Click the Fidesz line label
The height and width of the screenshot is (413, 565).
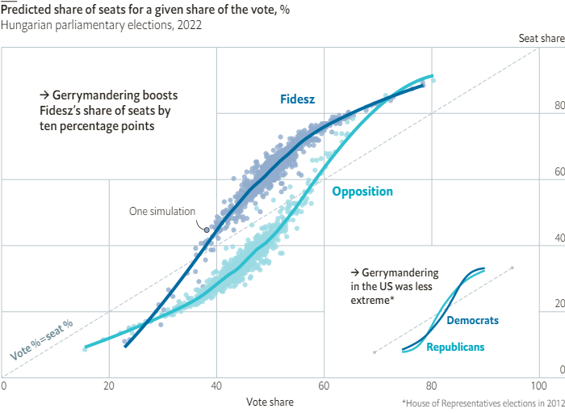(297, 99)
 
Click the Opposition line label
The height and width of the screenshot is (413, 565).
(362, 192)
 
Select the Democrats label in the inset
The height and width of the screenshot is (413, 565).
(472, 321)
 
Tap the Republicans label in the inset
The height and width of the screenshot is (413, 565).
(455, 347)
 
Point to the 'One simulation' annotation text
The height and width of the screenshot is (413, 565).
(162, 212)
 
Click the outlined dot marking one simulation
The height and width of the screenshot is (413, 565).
(207, 230)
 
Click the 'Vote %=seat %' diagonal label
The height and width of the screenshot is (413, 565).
(41, 340)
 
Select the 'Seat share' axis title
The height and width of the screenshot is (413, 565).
(541, 39)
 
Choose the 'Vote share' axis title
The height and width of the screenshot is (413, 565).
(270, 402)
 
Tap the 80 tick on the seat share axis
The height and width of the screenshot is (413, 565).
(558, 106)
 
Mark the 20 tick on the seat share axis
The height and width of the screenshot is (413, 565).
(558, 304)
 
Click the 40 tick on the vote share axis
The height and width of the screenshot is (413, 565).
(216, 386)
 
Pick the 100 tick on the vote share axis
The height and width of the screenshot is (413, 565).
(538, 386)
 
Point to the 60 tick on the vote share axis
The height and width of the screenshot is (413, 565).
(324, 386)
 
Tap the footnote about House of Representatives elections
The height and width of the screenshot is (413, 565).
(481, 402)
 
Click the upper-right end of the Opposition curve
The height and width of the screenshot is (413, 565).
(433, 77)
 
